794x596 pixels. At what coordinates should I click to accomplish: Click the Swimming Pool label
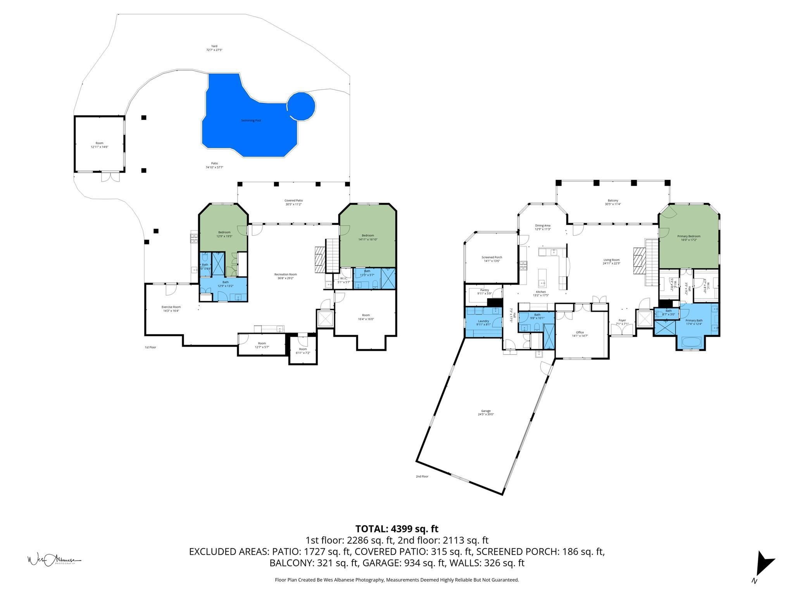coord(251,121)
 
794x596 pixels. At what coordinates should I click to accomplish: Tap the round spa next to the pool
coord(301,106)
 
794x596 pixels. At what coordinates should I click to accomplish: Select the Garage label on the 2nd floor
coord(486,411)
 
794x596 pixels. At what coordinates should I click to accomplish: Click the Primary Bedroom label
coord(689,236)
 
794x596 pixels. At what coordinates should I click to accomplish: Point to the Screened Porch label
coord(492,257)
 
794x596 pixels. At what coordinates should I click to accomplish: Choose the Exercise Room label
coord(171,307)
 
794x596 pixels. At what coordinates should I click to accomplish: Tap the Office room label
coord(580,332)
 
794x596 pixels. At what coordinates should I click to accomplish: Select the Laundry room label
coord(483,321)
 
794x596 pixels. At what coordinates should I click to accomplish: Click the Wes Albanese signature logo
coord(54,560)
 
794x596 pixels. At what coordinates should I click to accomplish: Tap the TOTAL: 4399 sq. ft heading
coord(397,529)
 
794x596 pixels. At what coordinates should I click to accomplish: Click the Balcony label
coord(613,201)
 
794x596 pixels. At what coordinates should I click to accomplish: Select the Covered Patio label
coord(293,201)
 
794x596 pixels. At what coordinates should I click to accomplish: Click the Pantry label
coord(484,290)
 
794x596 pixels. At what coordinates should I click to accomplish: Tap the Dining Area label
coord(542,225)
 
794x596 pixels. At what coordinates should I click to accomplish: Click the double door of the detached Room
coord(110,177)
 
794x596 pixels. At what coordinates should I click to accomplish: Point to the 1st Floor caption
coord(150,347)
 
